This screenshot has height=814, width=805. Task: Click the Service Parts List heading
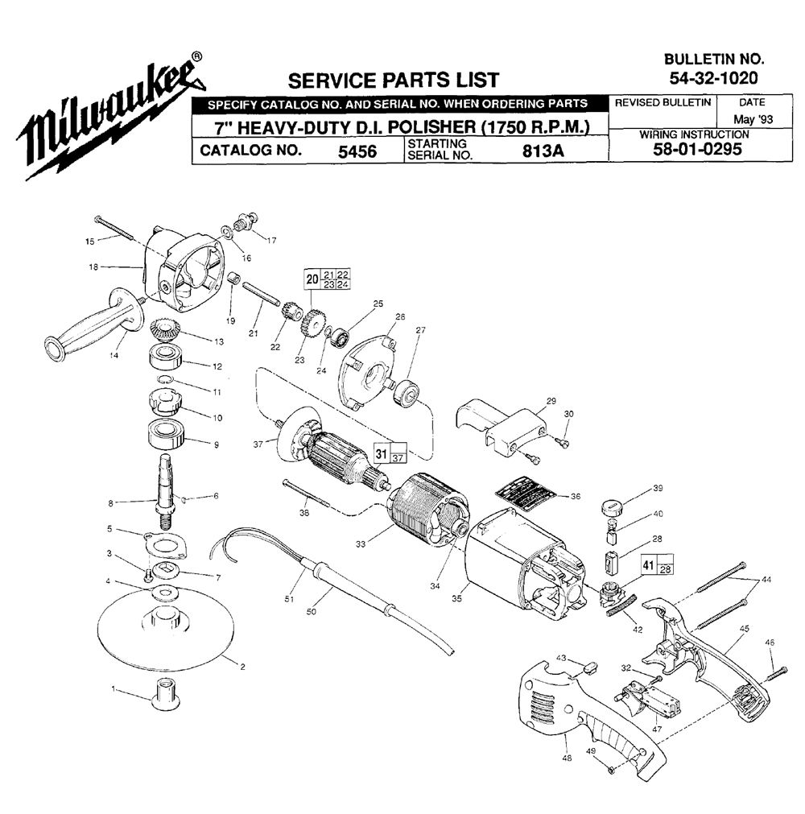coord(394,81)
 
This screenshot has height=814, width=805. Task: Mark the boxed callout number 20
coord(312,279)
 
